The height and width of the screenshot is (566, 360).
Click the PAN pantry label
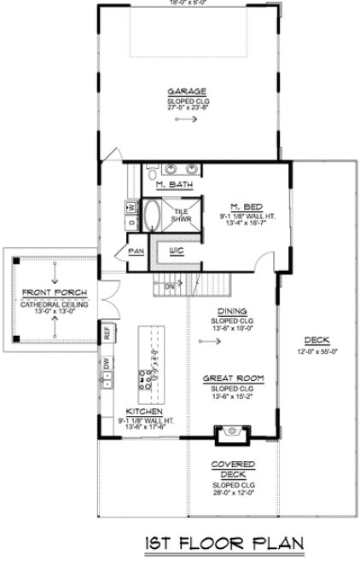pos(135,251)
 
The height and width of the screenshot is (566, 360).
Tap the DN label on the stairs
pos(169,286)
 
